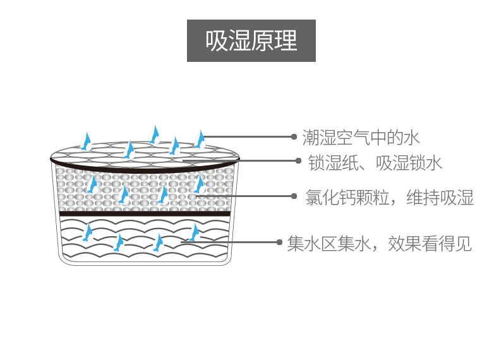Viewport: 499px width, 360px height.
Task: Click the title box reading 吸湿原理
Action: pos(251,41)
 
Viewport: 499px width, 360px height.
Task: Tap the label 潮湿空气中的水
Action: pos(361,136)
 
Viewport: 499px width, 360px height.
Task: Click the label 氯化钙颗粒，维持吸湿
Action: pos(389,198)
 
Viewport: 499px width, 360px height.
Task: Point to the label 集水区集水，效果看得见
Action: pos(379,243)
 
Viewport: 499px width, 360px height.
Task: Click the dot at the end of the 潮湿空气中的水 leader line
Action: pos(294,136)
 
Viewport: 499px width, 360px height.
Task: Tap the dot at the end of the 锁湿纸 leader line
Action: pos(298,160)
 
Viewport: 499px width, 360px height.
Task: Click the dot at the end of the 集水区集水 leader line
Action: pos(279,242)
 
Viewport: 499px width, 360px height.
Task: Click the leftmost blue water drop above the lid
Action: pos(88,139)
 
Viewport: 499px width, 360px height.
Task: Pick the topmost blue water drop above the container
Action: pos(153,133)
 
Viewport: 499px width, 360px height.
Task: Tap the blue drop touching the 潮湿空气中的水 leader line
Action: pos(201,138)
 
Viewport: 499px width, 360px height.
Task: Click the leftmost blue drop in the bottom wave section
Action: pos(88,233)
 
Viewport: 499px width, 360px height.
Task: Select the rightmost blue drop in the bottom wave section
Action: pos(195,232)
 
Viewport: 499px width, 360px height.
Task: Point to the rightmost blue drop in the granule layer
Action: pos(200,184)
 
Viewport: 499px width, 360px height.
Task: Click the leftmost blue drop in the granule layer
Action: pos(93,184)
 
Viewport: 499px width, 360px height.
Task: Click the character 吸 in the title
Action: pos(216,42)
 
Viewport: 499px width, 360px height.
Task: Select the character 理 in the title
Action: pos(286,42)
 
